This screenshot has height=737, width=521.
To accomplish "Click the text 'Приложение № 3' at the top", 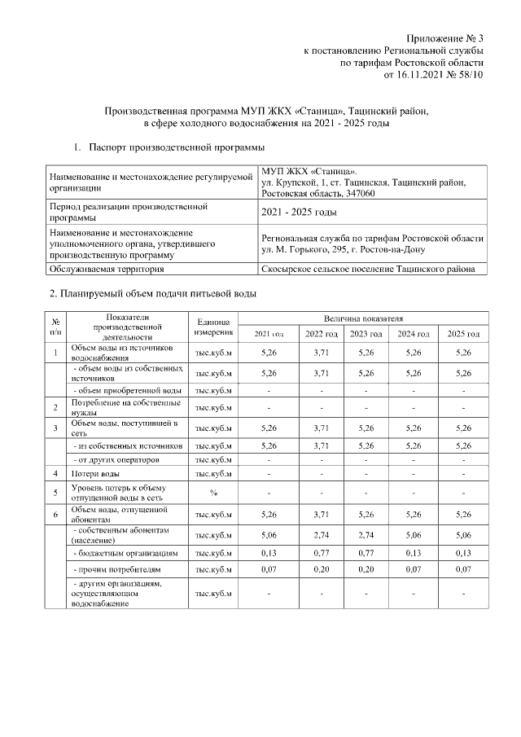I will [x=445, y=38].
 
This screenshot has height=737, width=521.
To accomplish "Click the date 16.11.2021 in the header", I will [x=420, y=74].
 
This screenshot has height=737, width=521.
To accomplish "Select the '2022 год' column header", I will [x=322, y=334].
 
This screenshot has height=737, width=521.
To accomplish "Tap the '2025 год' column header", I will [x=463, y=334].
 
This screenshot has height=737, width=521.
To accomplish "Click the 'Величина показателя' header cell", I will [x=368, y=318].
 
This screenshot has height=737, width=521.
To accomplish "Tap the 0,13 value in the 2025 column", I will [x=463, y=552].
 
